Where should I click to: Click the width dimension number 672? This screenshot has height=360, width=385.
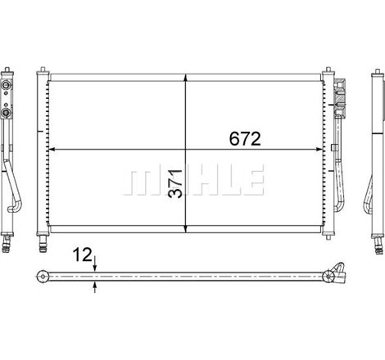pyautogui.click(x=245, y=138)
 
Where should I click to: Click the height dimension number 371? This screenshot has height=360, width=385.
pyautogui.click(x=175, y=183)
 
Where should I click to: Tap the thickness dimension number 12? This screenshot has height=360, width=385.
pyautogui.click(x=82, y=255)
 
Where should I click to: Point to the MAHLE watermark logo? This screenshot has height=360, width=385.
pyautogui.click(x=193, y=180)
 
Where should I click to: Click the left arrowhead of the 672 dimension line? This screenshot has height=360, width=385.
pyautogui.click(x=52, y=150)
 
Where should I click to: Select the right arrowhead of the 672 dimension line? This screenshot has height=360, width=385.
pyautogui.click(x=319, y=150)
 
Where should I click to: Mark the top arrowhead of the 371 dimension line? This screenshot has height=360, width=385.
pyautogui.click(x=186, y=78)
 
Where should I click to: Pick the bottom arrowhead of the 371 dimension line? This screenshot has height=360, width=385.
pyautogui.click(x=186, y=229)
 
